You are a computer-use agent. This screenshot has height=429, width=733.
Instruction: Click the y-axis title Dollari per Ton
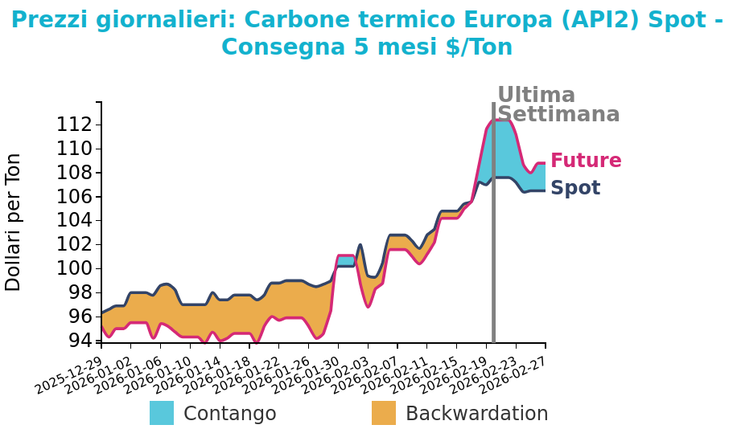pos(14,222)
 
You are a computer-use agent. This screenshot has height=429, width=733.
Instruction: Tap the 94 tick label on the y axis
pos(80,341)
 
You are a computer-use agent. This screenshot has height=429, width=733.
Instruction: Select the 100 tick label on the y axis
pos(73,268)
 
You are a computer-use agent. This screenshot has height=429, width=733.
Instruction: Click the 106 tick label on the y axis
pos(73,197)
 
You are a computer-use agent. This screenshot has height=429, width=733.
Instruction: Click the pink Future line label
pos(586,161)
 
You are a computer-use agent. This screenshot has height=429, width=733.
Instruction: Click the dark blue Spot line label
pos(575,188)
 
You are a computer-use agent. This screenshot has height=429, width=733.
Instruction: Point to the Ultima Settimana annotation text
pos(558,105)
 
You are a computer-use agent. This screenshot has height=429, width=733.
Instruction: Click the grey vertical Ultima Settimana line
pos(493,241)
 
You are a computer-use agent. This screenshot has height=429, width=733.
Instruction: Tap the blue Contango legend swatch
pos(162,413)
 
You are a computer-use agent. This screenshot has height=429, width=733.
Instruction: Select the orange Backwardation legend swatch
pos(384,413)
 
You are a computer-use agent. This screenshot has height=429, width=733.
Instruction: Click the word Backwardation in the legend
pos(476,414)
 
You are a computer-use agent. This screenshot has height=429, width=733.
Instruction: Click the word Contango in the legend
pos(229,414)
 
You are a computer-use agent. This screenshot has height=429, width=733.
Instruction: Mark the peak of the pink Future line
pos(499,121)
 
